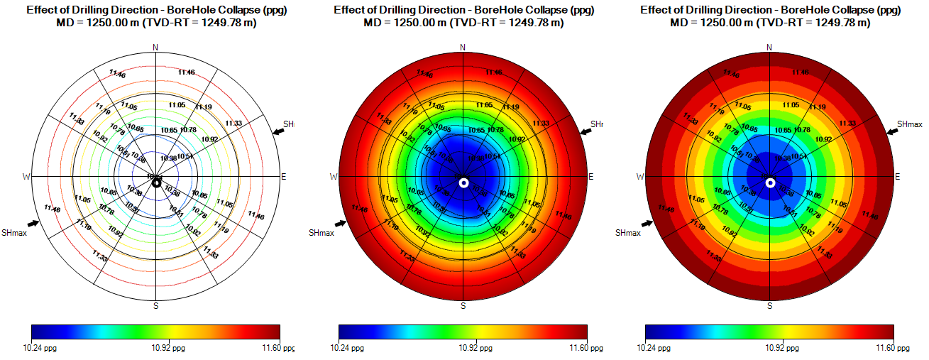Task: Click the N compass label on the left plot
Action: tap(156, 48)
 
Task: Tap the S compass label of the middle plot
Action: tap(463, 306)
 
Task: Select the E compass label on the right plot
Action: tap(897, 176)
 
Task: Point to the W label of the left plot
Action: tap(27, 176)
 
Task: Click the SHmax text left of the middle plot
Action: tap(321, 233)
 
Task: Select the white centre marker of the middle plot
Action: tap(463, 182)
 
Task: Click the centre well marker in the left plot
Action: tap(156, 182)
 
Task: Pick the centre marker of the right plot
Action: tap(770, 182)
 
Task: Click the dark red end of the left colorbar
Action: tap(275, 332)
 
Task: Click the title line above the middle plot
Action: tap(463, 10)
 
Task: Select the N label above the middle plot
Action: tap(463, 48)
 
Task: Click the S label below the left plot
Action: tap(156, 306)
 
